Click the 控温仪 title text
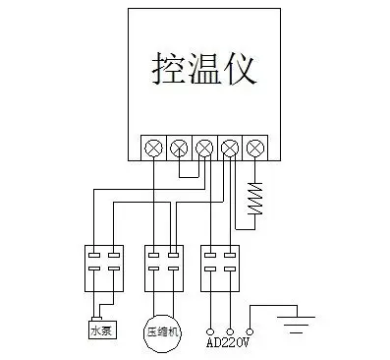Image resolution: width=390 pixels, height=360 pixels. (x=204, y=70)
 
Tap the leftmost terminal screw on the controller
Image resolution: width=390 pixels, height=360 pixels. (x=153, y=148)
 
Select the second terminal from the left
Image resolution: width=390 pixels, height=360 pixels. (x=179, y=148)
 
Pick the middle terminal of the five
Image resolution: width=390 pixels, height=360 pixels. (x=204, y=148)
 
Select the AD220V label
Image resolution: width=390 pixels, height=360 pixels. (x=231, y=343)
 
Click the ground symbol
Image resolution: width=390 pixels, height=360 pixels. (x=294, y=321)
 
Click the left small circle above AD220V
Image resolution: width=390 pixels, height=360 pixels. (x=209, y=330)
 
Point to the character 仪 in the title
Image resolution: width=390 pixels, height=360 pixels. (x=241, y=70)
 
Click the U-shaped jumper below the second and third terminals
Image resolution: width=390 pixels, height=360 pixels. (x=192, y=171)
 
